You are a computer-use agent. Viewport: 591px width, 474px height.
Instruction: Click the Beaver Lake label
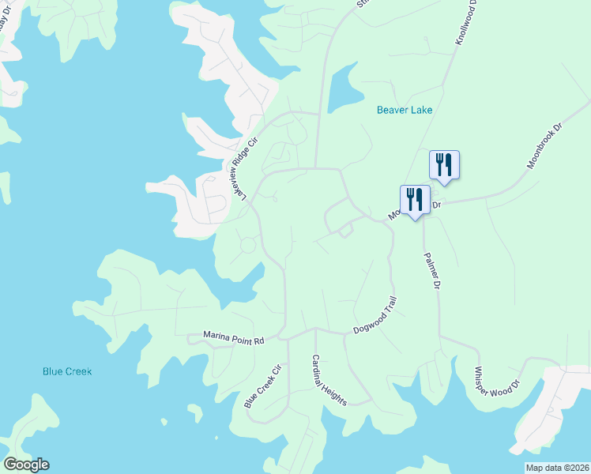click(x=404, y=110)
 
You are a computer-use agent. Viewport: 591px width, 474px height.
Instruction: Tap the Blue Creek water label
click(x=67, y=371)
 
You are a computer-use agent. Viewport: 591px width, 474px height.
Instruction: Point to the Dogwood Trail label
click(x=374, y=314)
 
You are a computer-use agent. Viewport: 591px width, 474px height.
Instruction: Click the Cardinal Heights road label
click(x=328, y=379)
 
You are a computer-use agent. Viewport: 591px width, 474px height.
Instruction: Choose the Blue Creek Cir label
click(x=263, y=386)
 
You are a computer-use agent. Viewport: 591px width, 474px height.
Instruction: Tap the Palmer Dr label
click(x=431, y=271)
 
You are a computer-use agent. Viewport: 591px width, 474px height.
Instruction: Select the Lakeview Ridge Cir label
click(x=243, y=167)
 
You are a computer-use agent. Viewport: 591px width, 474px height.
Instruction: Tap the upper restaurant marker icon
click(x=444, y=165)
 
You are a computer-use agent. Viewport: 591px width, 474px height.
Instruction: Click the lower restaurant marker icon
click(x=415, y=200)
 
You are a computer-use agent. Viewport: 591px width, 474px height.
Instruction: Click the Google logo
click(x=26, y=465)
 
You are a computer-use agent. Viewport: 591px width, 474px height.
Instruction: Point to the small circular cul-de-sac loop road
click(x=248, y=245)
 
